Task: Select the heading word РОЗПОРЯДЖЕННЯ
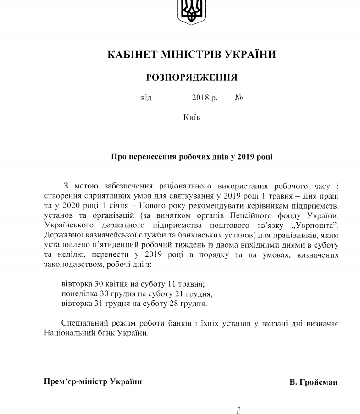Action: pos(191,77)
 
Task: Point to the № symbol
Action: pos(238,98)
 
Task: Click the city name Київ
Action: pos(191,116)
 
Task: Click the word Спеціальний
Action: pos(82,324)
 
